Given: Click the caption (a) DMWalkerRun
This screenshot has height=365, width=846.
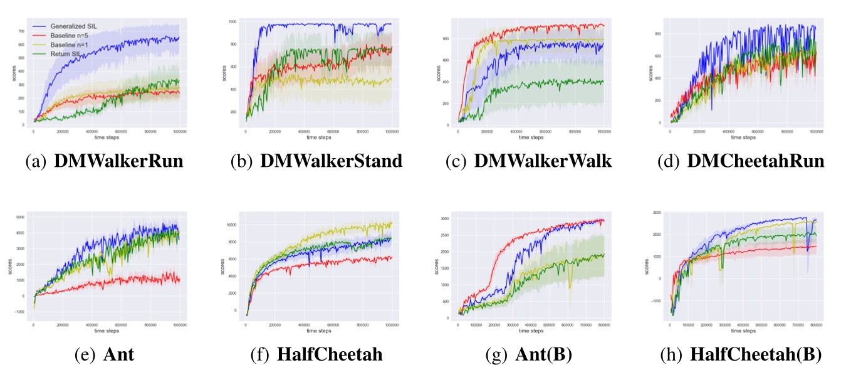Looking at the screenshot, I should [104, 161].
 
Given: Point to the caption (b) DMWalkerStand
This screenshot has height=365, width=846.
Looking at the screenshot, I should [316, 161].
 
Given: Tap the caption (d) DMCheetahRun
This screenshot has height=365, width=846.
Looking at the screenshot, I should [741, 161].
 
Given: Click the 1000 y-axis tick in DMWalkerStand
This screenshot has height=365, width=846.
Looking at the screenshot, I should [232, 22].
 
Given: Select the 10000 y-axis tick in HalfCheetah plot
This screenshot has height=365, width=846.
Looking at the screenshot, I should [231, 225].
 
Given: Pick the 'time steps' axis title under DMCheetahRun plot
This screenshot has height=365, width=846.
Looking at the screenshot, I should [742, 136].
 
